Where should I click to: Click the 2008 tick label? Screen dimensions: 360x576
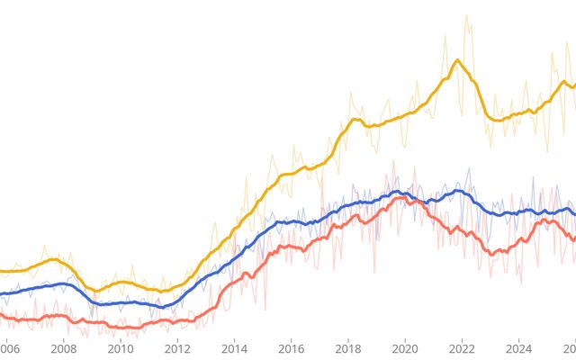coord(64,348)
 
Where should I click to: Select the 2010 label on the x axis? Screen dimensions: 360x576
coord(121,348)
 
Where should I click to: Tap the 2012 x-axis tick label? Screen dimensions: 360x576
coord(177,348)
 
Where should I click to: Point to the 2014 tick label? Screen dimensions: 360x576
coord(235,348)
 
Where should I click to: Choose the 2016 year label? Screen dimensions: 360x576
coord(292,348)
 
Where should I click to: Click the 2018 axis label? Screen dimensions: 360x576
coord(348,348)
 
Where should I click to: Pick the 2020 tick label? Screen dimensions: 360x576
coord(405,348)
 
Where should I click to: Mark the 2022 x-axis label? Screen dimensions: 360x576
coord(462,348)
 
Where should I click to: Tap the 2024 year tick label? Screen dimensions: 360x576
coord(519,348)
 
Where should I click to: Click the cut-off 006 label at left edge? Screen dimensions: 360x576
coord(9,348)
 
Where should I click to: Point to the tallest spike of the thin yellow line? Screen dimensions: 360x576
coord(466,15)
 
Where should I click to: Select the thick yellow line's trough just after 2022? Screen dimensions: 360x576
coord(492,119)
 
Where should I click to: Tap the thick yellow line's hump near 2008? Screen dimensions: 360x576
coord(54,259)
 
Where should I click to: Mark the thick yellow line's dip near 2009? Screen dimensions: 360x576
coord(94,291)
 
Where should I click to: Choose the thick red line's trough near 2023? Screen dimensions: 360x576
coord(492,254)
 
